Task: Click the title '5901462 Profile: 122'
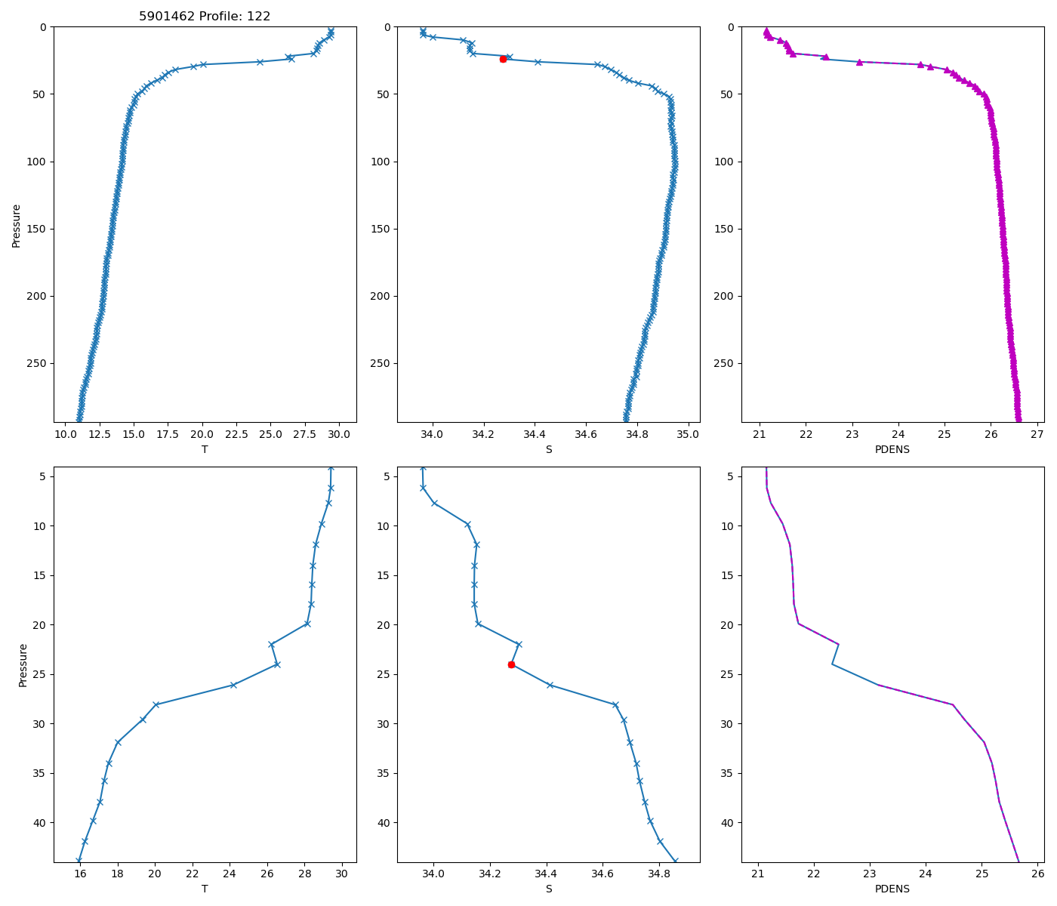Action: tap(205, 16)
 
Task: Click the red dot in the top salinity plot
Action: tap(503, 59)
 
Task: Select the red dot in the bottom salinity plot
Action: tap(511, 664)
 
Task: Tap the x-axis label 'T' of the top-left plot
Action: tap(205, 449)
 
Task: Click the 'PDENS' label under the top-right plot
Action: tap(892, 449)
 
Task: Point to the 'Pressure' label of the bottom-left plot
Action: tap(23, 664)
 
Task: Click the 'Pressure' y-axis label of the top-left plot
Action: tap(17, 225)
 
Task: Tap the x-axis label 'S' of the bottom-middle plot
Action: tap(549, 889)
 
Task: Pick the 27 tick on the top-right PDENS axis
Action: tap(1037, 434)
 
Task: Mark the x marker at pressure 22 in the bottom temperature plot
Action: tap(271, 644)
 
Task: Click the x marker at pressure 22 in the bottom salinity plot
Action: tap(519, 644)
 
